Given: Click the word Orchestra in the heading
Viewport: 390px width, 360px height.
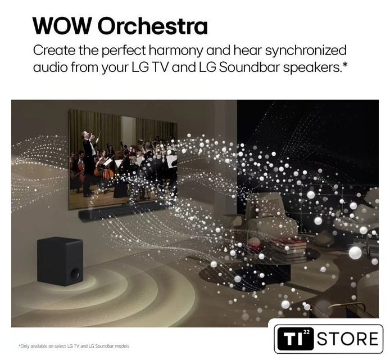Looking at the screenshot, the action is [152, 26].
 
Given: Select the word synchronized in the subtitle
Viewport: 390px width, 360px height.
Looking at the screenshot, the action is [305, 51].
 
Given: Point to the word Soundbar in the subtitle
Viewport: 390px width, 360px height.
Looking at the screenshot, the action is [249, 67].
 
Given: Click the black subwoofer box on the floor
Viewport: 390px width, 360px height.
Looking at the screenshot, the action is [60, 261].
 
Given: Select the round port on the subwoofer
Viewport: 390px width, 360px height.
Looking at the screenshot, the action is [75, 273].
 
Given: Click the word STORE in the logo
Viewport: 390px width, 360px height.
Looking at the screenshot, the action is [347, 339].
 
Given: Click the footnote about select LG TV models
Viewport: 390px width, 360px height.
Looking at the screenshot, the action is [74, 346].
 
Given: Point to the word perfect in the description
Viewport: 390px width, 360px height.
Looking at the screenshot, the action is [124, 51].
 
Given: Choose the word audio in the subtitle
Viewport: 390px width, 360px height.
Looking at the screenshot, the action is [51, 67].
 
